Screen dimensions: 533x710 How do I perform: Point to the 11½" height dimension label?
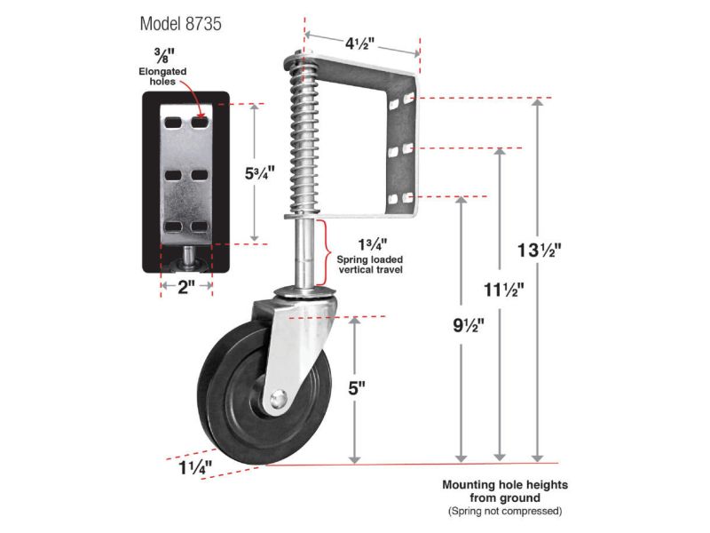click(503, 290)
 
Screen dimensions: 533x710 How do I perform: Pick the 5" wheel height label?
click(357, 388)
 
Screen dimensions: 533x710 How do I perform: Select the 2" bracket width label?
click(186, 288)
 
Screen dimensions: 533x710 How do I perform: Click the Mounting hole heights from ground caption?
click(504, 491)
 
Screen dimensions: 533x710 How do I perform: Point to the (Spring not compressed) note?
click(504, 512)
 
